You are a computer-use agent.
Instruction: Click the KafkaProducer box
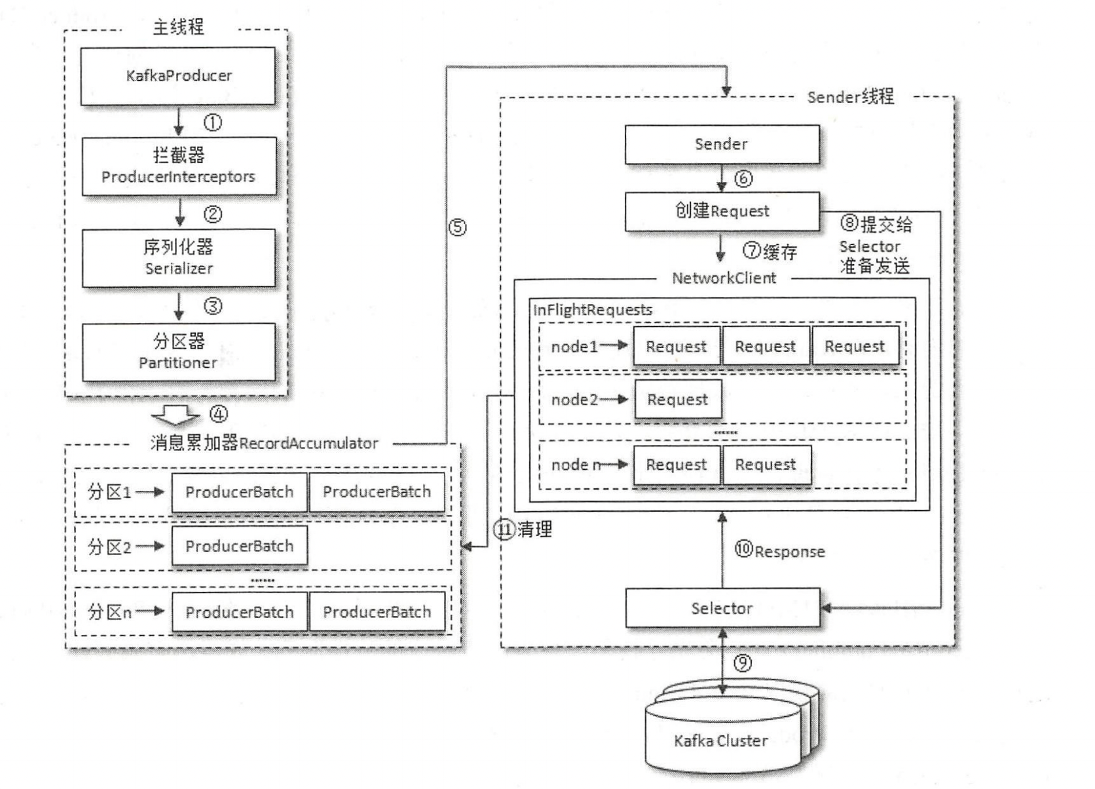[178, 76]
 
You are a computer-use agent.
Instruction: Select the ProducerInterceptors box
[178, 166]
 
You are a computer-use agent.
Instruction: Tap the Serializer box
[178, 258]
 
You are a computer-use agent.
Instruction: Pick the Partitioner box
[178, 352]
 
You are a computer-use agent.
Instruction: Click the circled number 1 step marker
[213, 123]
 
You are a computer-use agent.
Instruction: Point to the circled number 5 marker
[457, 228]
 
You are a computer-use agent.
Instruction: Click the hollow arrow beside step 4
[176, 415]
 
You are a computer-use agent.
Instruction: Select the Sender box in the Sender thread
[721, 144]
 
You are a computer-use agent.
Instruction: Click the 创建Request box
[721, 211]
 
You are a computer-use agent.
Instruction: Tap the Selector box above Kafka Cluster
[722, 608]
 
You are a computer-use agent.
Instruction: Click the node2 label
[574, 400]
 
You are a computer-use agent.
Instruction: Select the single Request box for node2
[677, 400]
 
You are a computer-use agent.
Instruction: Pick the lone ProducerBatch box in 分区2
[239, 547]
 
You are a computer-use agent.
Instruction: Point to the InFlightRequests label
[592, 310]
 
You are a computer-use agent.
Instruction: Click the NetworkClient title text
[724, 279]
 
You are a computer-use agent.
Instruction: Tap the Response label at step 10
[789, 552]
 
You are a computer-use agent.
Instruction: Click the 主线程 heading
[178, 27]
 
